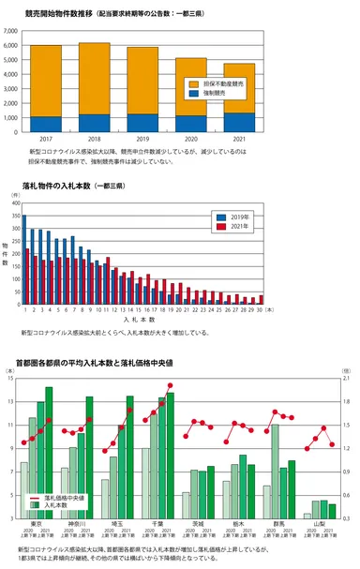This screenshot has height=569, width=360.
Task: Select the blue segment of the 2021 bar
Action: coord(239,122)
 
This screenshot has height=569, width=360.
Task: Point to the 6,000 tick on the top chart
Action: coord(12,45)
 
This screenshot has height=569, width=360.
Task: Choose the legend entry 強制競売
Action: coord(221,94)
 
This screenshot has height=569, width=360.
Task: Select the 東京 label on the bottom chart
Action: coord(36,523)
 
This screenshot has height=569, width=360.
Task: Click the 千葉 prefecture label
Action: coord(157,523)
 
